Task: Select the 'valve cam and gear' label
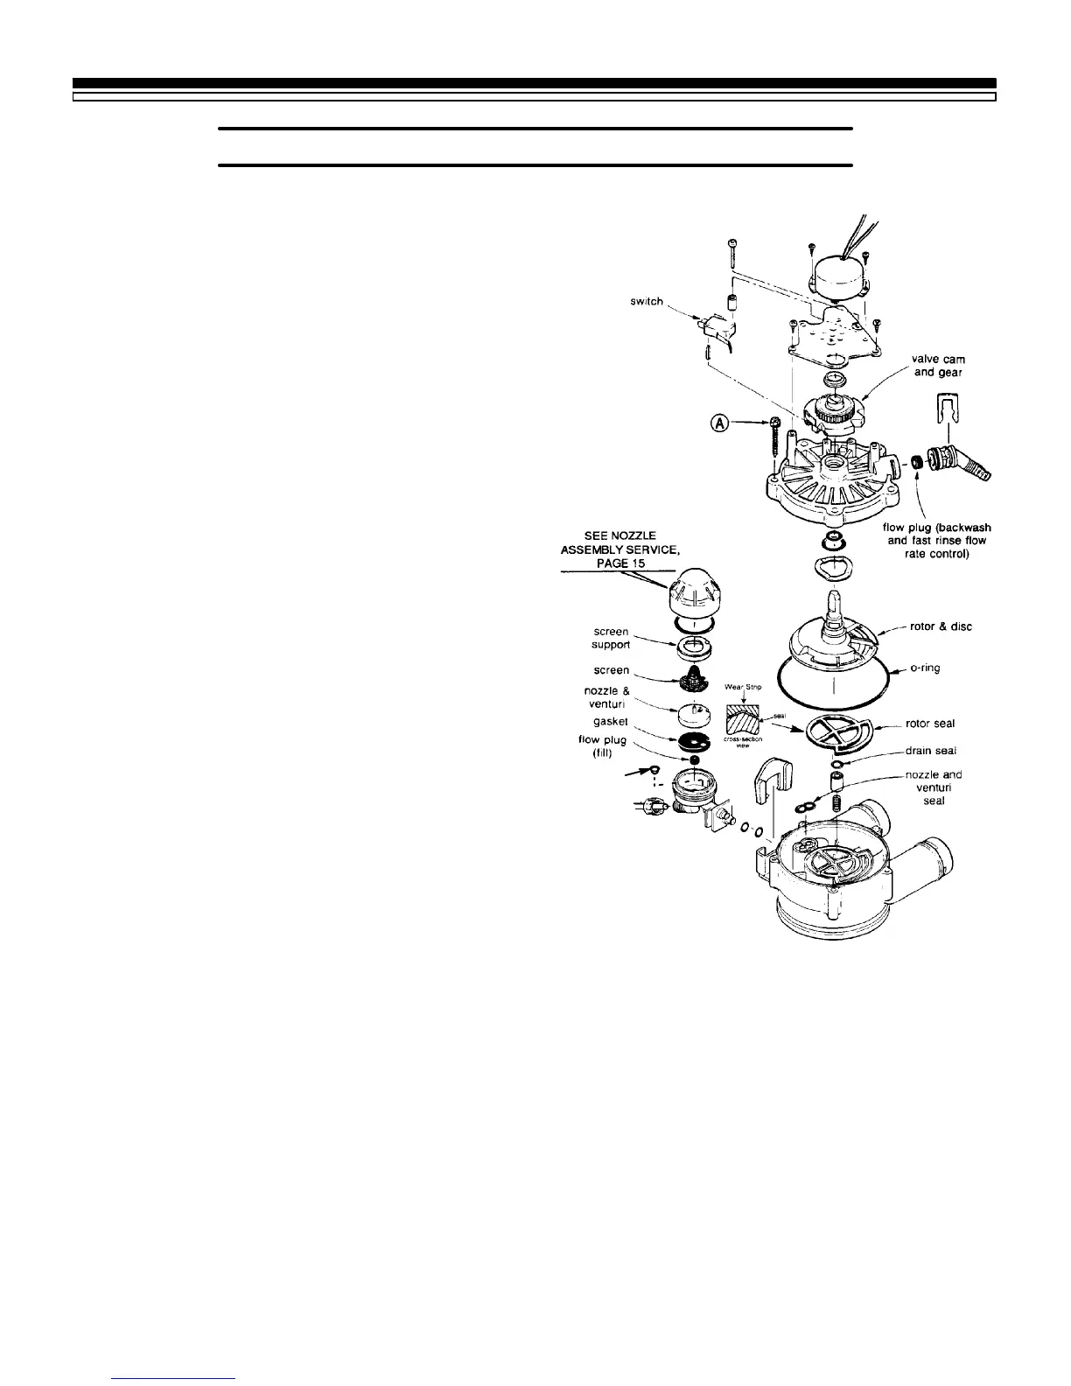(938, 366)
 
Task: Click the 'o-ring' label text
(926, 668)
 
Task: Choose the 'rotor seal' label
(930, 724)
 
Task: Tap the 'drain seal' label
(930, 751)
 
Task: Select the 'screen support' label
(610, 638)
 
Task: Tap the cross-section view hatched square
(741, 719)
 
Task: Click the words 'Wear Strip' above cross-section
(743, 687)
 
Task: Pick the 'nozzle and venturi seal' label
(934, 787)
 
